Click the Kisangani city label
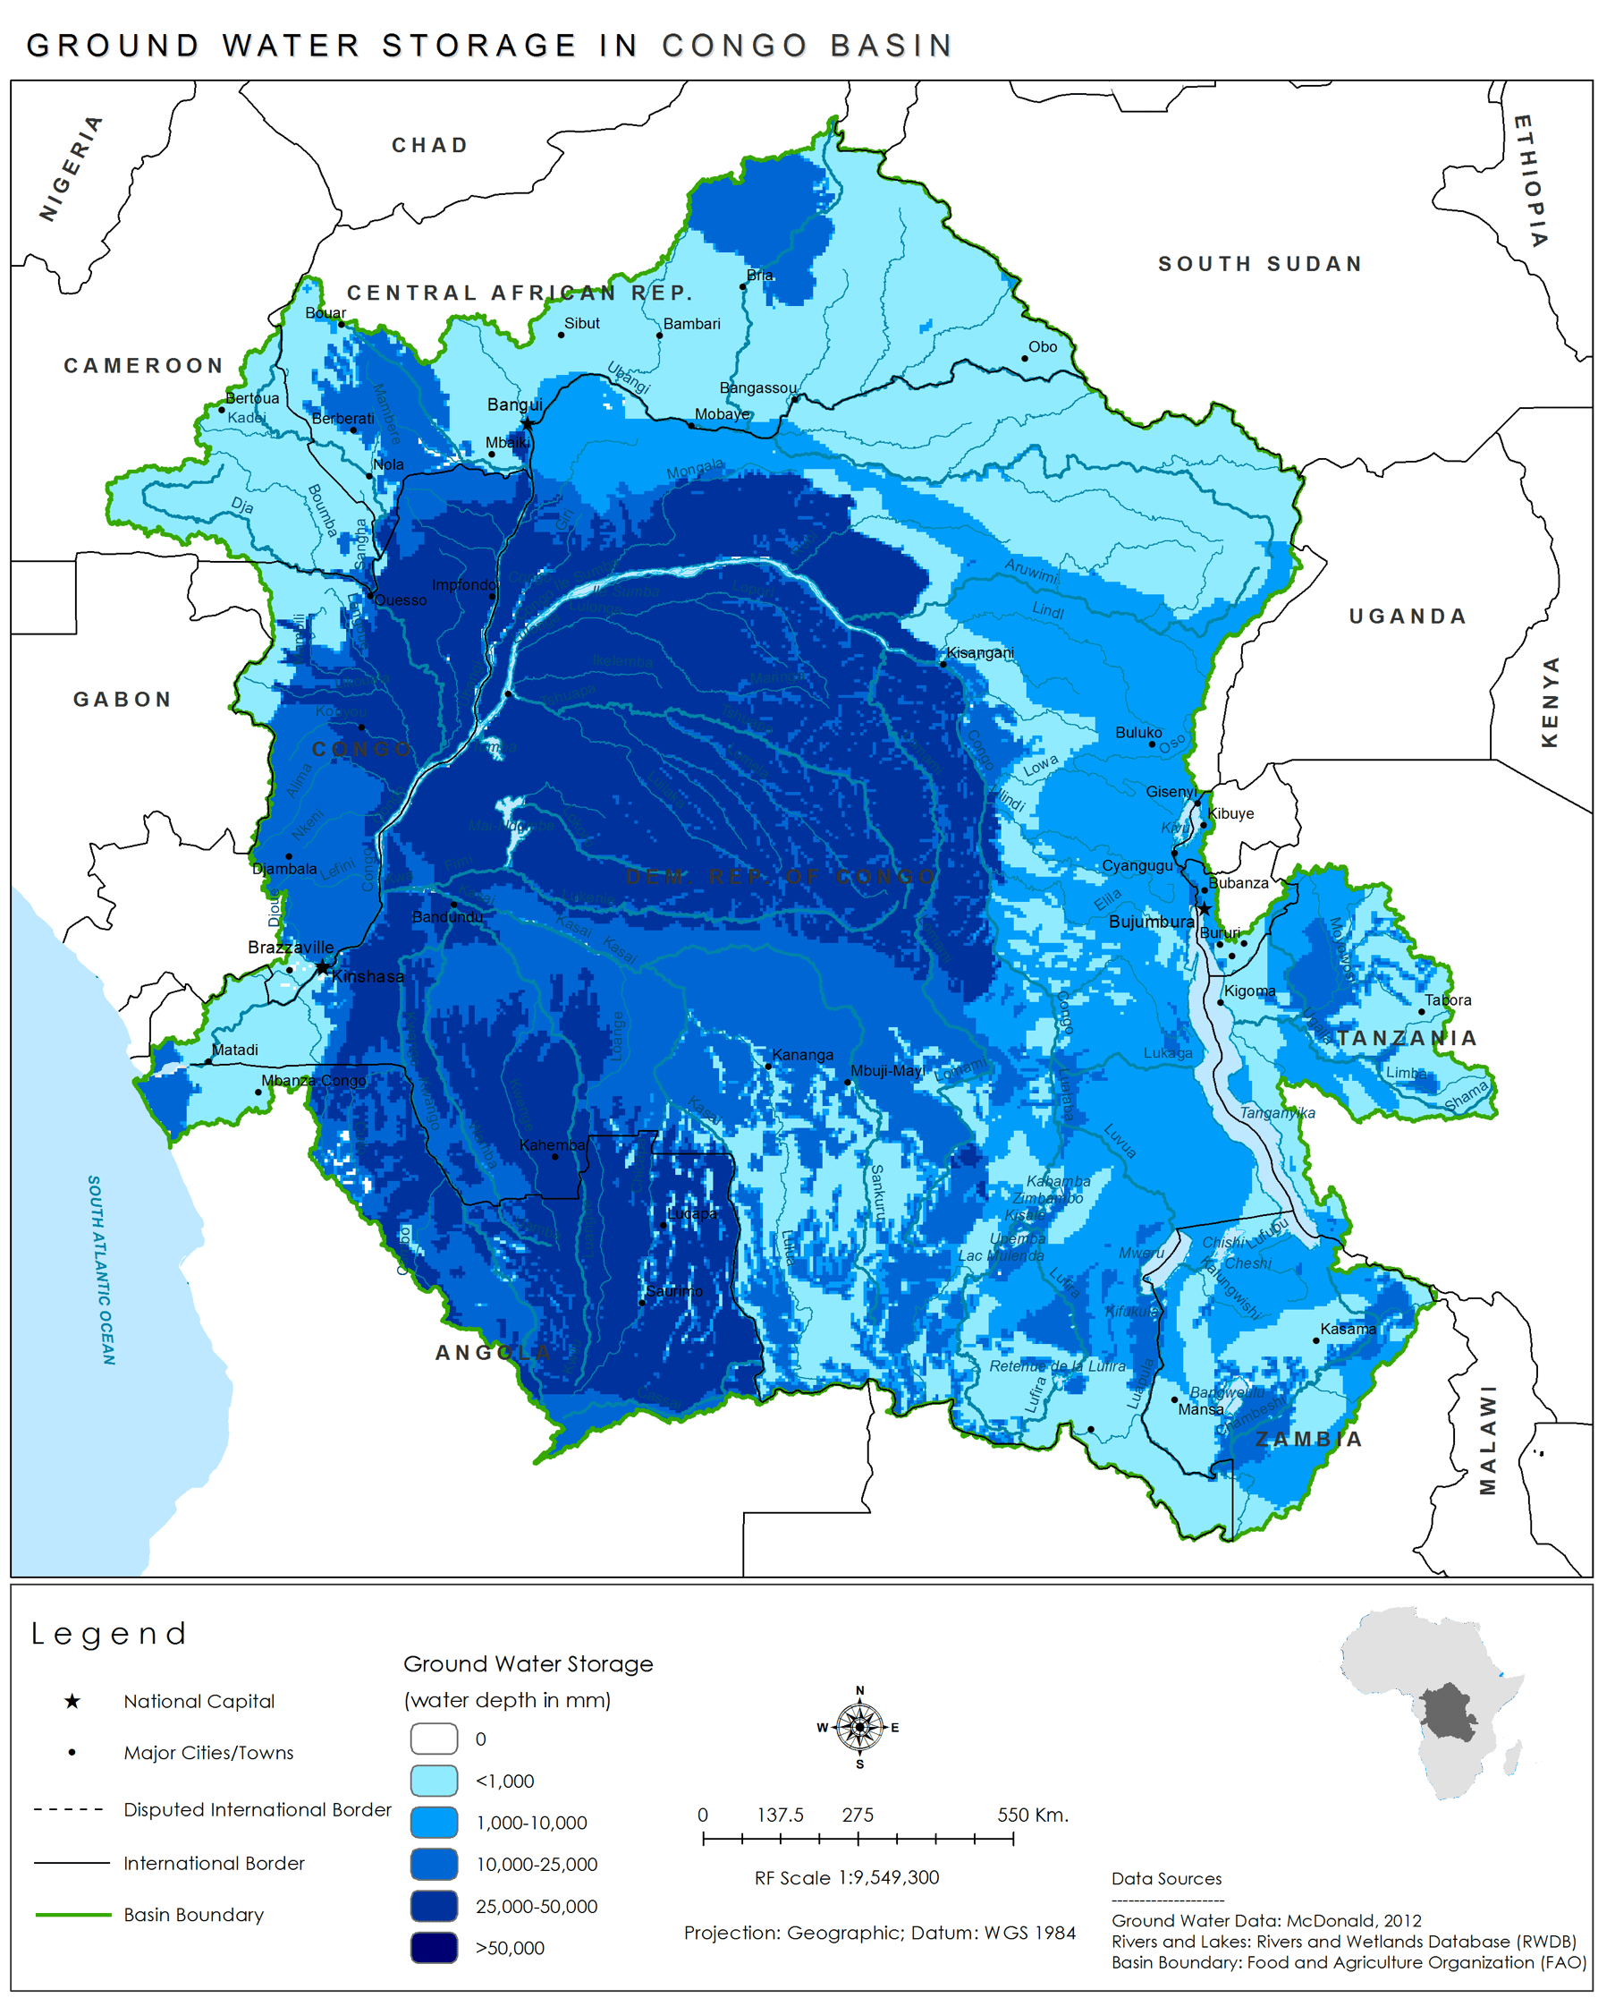tap(979, 652)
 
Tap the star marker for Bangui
tap(527, 423)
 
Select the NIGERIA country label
tap(71, 167)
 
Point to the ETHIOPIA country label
tap(1529, 181)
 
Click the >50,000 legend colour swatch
tap(434, 1947)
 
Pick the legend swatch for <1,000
tap(434, 1781)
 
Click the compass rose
tap(858, 1728)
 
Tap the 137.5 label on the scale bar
tap(780, 1815)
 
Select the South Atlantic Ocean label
tap(101, 1270)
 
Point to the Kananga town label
tap(802, 1055)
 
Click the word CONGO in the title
tap(735, 46)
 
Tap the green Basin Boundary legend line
tap(72, 1915)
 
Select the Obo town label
tap(1042, 346)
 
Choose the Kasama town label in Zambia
tap(1347, 1329)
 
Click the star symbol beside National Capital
tap(72, 1702)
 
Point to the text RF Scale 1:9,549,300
tap(846, 1877)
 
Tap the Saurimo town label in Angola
tap(673, 1291)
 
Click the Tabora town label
tap(1447, 1000)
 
